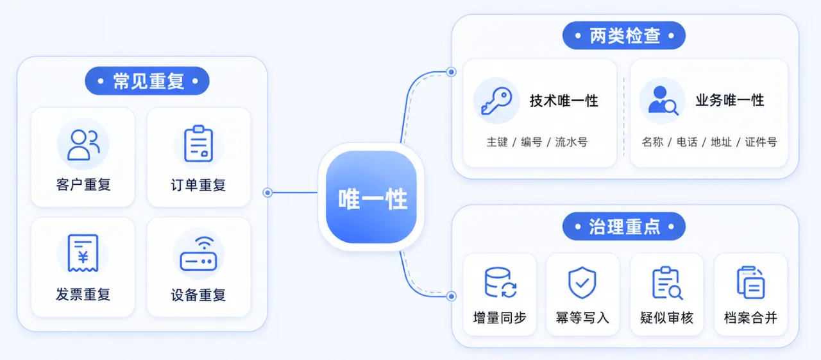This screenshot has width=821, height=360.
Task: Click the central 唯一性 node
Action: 371,197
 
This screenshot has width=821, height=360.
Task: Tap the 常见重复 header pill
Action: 148,81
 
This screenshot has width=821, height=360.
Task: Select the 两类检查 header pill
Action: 624,35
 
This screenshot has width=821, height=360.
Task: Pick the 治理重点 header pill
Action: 624,227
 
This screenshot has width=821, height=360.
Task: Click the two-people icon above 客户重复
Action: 83,145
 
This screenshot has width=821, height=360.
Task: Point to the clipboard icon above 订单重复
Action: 198,144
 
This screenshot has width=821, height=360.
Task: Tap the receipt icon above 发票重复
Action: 83,253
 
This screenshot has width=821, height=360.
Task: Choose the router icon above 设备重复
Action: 198,253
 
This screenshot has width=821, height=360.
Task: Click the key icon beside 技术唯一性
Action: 496,101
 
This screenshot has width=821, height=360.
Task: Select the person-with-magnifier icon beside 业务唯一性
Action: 663,101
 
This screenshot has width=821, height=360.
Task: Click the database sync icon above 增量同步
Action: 500,282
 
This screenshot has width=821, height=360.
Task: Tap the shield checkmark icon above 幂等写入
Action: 582,282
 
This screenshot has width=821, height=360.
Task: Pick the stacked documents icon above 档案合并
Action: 750,282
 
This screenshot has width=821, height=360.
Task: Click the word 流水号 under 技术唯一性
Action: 571,142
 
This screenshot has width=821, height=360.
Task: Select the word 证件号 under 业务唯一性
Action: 761,142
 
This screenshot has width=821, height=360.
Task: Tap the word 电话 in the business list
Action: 687,142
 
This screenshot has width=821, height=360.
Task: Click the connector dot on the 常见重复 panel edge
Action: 267,193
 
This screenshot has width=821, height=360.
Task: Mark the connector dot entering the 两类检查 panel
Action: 452,72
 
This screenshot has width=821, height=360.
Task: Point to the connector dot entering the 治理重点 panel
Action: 452,296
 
